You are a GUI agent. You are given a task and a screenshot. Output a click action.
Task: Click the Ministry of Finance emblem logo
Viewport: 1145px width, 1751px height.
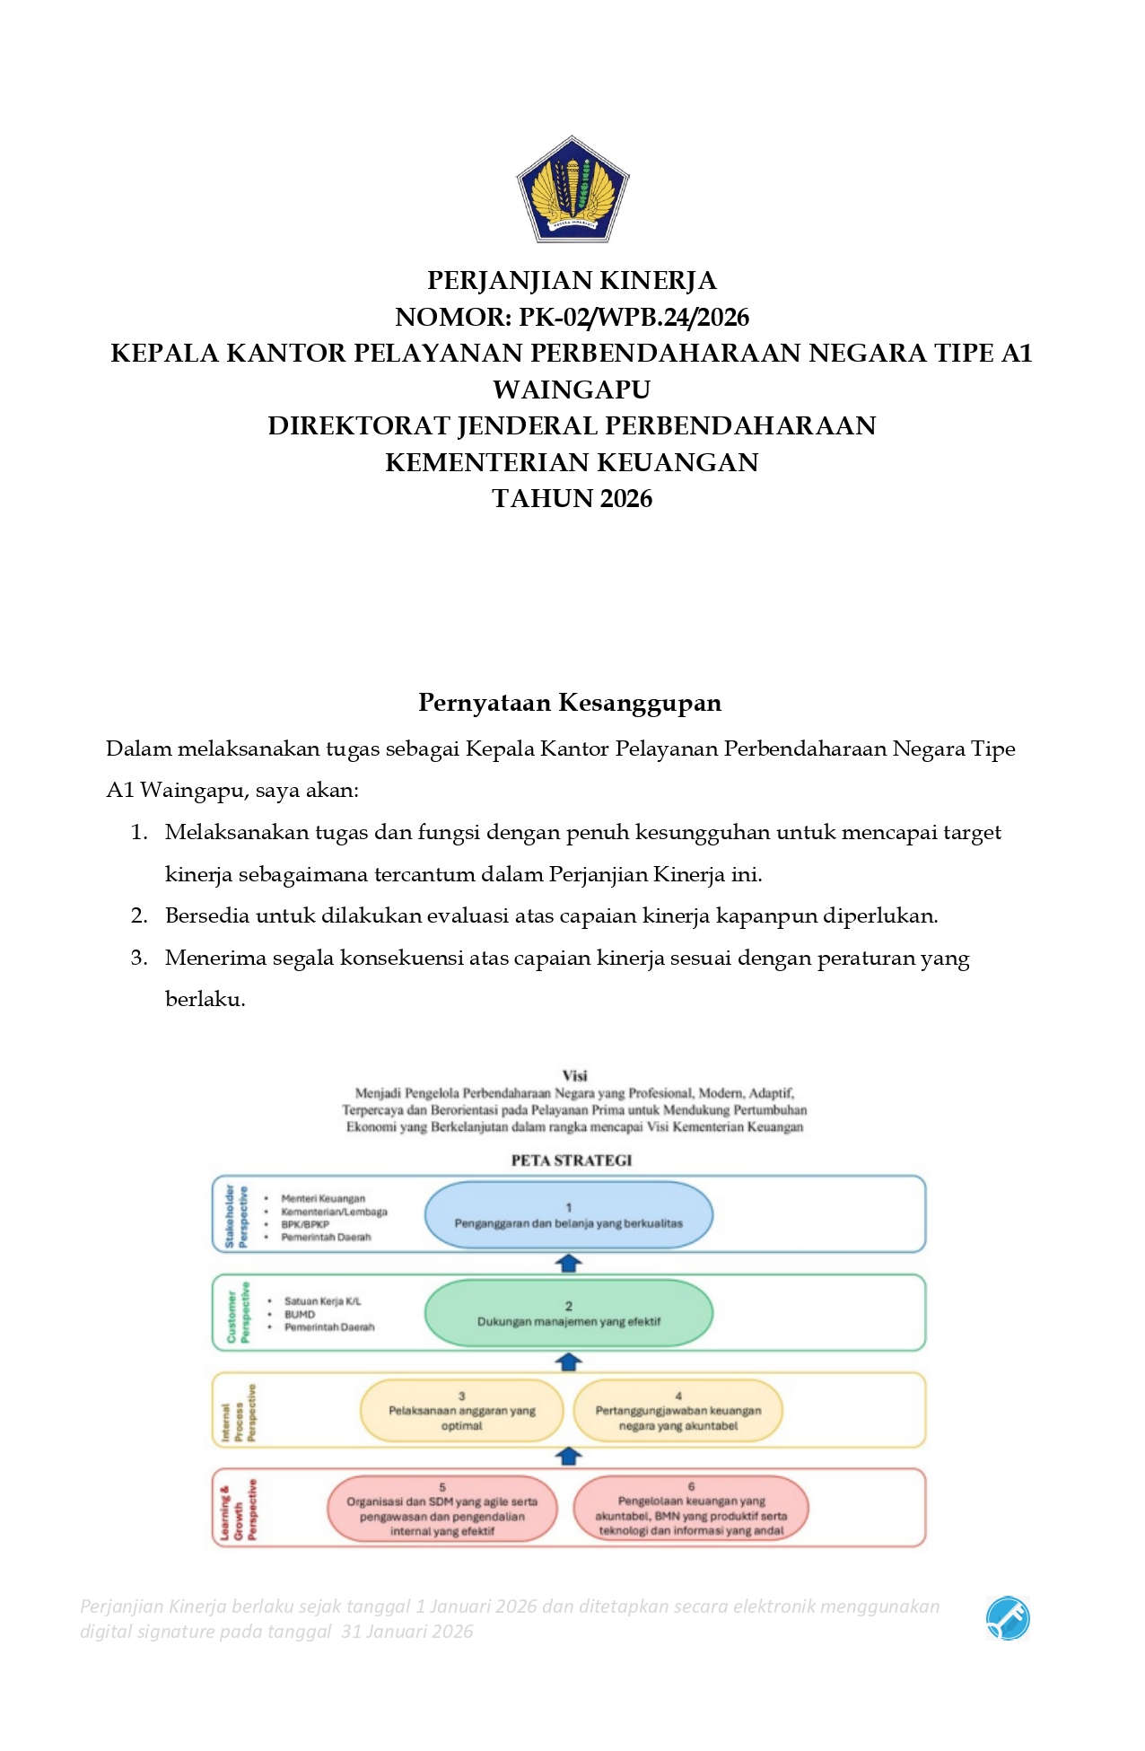click(x=572, y=189)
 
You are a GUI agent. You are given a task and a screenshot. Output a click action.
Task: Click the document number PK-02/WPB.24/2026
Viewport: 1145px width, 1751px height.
click(x=634, y=318)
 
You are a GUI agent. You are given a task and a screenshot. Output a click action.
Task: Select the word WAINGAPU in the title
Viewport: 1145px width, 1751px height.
click(x=572, y=390)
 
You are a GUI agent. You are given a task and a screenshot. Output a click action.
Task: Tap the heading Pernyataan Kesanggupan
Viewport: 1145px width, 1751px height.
click(x=570, y=703)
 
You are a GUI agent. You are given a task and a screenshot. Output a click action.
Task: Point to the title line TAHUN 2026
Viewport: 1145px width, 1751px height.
click(x=572, y=499)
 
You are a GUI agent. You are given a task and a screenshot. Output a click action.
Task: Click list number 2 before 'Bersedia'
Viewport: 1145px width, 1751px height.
click(x=138, y=916)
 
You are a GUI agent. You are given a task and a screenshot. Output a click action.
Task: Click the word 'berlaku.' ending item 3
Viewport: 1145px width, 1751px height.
click(x=205, y=1000)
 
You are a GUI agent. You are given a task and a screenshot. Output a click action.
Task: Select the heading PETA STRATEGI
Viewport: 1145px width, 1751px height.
click(x=572, y=1160)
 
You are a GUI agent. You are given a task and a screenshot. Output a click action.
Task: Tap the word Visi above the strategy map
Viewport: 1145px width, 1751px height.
click(x=574, y=1076)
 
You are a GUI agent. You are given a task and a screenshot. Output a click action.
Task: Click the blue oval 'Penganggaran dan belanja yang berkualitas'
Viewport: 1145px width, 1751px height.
click(x=568, y=1216)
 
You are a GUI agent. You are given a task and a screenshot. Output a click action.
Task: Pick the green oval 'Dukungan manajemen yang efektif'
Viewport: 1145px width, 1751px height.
click(x=568, y=1314)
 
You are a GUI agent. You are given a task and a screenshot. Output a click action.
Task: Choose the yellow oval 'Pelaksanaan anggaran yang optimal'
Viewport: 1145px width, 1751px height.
click(x=461, y=1412)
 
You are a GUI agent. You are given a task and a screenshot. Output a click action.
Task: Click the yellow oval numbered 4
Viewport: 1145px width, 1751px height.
click(x=677, y=1412)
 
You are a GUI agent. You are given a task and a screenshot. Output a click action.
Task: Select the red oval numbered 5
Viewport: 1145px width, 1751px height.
click(x=441, y=1510)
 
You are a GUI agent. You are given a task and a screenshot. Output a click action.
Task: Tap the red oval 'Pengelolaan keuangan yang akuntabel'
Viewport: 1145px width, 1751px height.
click(x=690, y=1510)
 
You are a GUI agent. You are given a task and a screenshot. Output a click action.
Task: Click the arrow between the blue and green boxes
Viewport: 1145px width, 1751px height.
click(x=568, y=1264)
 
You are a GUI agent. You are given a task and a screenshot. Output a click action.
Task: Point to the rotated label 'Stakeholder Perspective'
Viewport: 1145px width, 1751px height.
click(x=236, y=1216)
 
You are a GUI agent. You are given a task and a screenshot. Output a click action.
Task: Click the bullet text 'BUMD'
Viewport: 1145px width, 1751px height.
click(x=300, y=1315)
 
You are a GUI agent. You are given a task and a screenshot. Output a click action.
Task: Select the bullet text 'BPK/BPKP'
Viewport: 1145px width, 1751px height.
click(x=305, y=1225)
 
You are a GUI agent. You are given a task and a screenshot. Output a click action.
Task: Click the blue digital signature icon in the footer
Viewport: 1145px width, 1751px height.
click(x=1008, y=1618)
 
